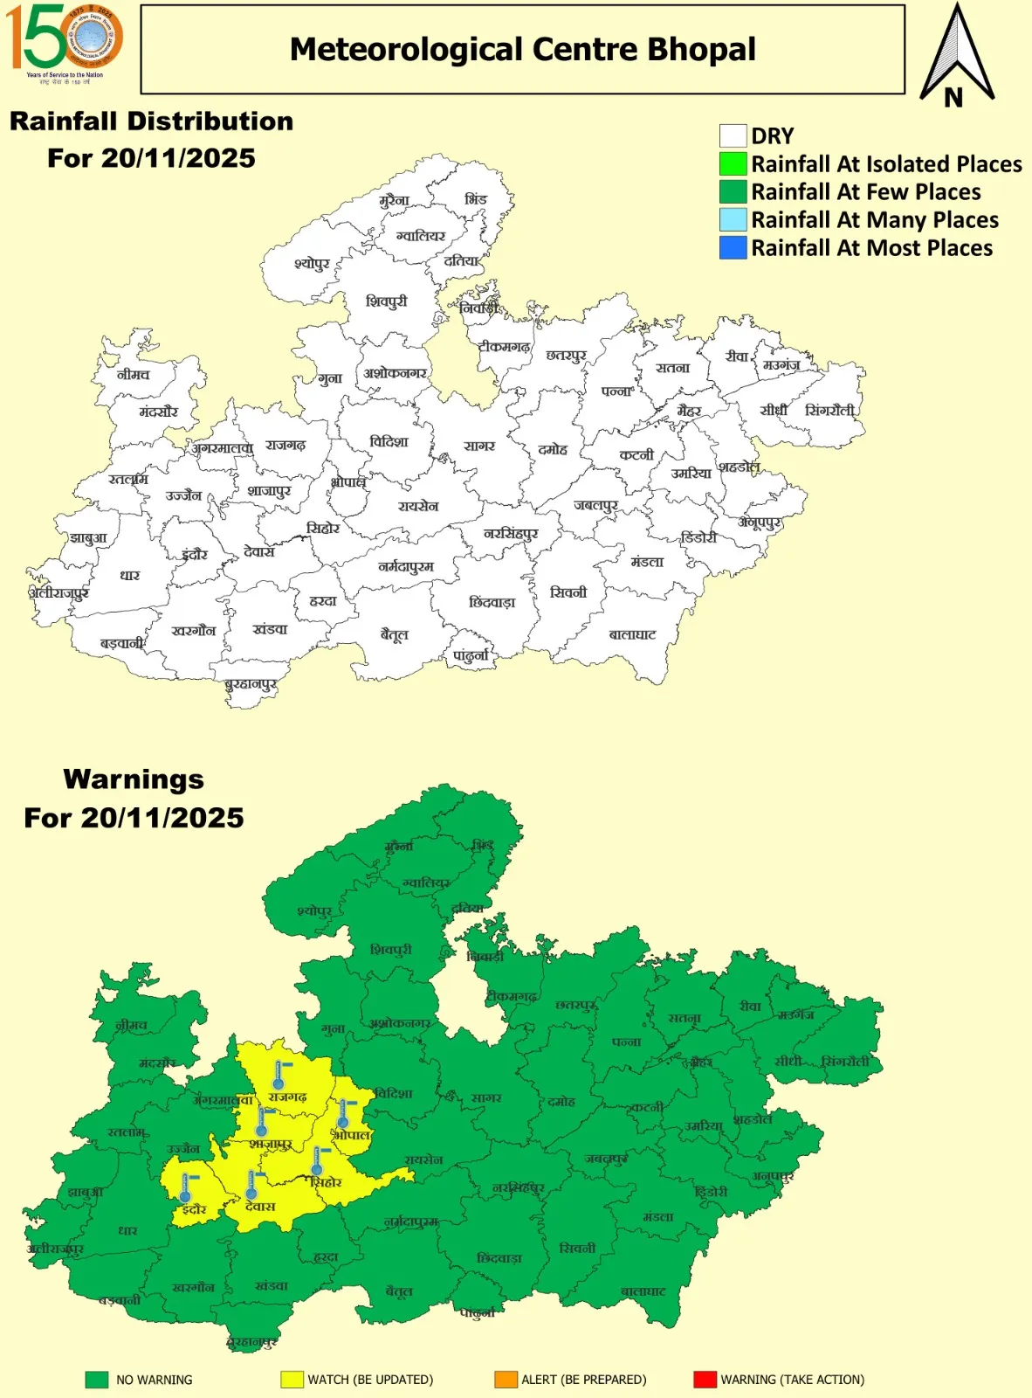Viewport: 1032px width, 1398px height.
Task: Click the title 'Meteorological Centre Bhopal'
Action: tap(522, 50)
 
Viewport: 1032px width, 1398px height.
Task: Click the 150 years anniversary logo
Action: tap(64, 41)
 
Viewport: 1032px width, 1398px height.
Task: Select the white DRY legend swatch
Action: tap(733, 136)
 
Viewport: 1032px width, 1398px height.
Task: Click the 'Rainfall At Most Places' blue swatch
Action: tap(733, 248)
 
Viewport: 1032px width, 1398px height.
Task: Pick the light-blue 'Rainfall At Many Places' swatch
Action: tap(733, 220)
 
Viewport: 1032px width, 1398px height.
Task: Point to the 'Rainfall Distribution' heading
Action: tap(151, 121)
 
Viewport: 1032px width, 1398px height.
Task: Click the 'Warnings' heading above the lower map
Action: tap(134, 779)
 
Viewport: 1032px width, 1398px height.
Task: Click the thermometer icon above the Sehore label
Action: tap(318, 1161)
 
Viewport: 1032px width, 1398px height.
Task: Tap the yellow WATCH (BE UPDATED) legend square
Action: tap(292, 1380)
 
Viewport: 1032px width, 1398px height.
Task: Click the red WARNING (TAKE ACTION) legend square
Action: tap(705, 1380)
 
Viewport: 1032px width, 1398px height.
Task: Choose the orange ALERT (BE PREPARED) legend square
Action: tap(506, 1380)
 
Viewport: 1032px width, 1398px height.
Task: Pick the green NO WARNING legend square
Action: tap(97, 1380)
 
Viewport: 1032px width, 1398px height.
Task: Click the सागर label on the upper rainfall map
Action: tap(479, 446)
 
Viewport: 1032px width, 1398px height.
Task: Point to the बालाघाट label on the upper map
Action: tap(632, 634)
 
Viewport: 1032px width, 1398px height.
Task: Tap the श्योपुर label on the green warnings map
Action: tap(314, 911)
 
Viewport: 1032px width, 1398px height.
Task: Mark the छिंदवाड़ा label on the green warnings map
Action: tap(499, 1258)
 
